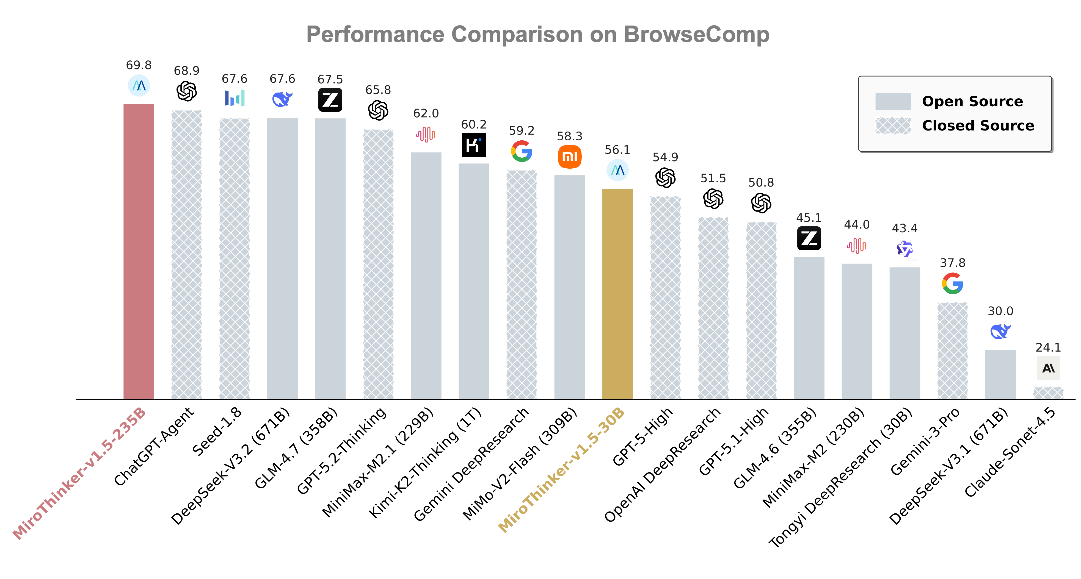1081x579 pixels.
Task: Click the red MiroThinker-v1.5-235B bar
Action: (139, 252)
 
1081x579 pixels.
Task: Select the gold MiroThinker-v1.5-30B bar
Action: (617, 294)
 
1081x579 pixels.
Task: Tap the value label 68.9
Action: (186, 71)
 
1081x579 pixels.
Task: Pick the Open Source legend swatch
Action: (893, 101)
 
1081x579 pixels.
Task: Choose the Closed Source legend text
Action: (978, 125)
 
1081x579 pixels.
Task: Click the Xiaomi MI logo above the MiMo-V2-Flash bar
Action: (569, 157)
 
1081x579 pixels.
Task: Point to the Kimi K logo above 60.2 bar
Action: (474, 145)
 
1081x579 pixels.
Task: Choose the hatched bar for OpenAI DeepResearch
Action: (713, 308)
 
